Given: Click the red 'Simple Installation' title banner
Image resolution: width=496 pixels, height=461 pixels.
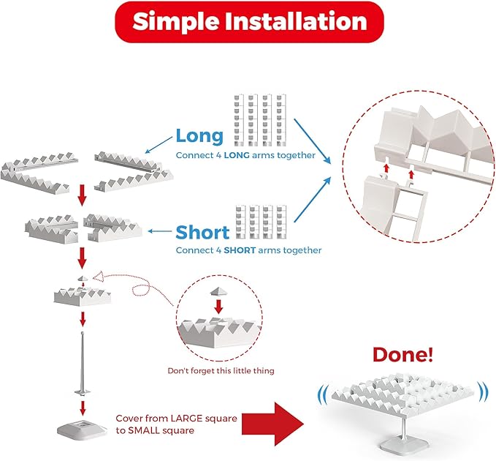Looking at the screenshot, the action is [x=249, y=22].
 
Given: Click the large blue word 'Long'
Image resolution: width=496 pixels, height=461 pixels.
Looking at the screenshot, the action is [x=199, y=136].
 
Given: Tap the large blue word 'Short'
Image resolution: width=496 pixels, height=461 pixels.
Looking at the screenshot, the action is [x=202, y=232].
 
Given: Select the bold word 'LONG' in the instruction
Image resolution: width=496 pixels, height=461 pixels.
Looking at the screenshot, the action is [x=237, y=155].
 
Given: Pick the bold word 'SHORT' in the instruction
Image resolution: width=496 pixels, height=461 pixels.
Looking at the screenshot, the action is [x=240, y=250].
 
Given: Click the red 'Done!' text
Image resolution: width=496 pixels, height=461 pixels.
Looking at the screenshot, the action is [x=402, y=355].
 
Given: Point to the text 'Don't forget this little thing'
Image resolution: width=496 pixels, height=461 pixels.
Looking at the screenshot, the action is [x=221, y=371].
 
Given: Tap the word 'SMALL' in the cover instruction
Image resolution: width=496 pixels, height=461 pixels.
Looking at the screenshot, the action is [x=143, y=430].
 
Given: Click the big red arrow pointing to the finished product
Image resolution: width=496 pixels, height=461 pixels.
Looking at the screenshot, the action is [x=272, y=424].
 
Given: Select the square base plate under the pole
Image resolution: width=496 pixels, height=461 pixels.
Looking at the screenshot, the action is [x=83, y=430].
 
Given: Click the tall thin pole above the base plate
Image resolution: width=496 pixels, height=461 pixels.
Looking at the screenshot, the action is [x=83, y=364].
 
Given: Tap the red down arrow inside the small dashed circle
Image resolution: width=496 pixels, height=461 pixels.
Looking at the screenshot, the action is [x=218, y=306].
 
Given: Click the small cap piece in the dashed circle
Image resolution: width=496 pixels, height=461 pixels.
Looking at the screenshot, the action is [x=219, y=291].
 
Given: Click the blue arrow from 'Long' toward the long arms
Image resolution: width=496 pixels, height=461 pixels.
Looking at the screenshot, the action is [x=159, y=145].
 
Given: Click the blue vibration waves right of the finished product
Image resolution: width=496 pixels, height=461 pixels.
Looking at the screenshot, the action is [x=483, y=391].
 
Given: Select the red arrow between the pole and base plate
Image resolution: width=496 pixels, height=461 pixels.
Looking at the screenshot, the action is [x=83, y=408].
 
